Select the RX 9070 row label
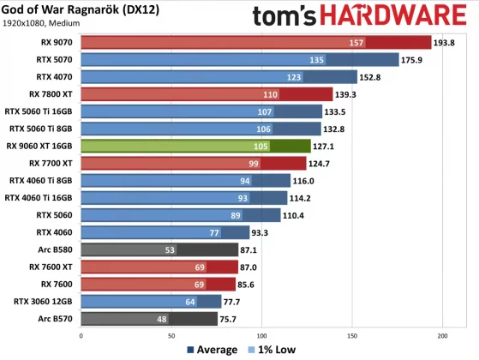56,42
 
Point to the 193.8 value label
447,42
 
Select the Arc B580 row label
56,249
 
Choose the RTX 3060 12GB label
47,301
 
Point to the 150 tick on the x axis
352,337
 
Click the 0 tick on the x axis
80,337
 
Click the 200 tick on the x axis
443,337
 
